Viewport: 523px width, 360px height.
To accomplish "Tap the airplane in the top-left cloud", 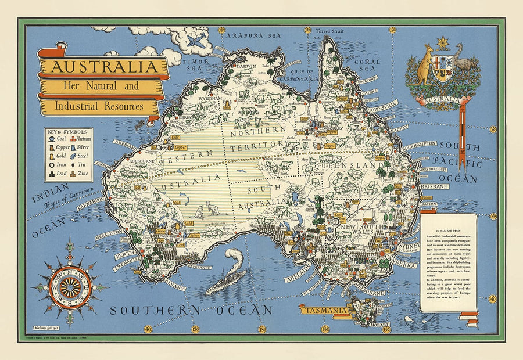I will point(197,41).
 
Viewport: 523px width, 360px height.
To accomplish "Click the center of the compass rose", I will point(70,286).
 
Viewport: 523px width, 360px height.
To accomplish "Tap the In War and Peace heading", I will point(448,221).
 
